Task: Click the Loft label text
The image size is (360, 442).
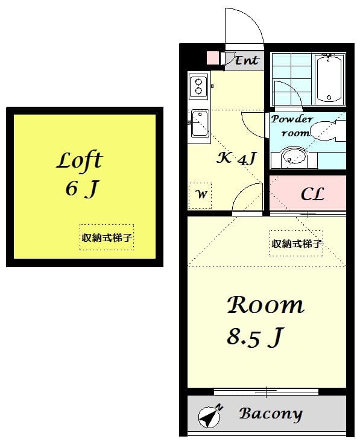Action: click(x=79, y=160)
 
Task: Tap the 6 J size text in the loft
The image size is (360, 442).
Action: click(x=81, y=189)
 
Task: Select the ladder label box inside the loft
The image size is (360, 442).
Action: click(x=107, y=238)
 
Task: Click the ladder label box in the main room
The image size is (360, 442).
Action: click(x=296, y=244)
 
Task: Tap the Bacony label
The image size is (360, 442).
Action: click(x=270, y=414)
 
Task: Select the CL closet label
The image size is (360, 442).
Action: click(x=312, y=194)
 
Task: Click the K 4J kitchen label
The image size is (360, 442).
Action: click(x=237, y=159)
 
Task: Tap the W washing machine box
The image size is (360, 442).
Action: click(x=200, y=195)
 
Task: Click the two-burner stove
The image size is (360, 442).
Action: click(x=198, y=86)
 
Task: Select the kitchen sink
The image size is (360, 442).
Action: click(x=199, y=125)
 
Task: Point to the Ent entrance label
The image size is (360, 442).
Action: click(x=246, y=60)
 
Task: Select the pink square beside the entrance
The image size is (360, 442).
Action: click(x=213, y=58)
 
